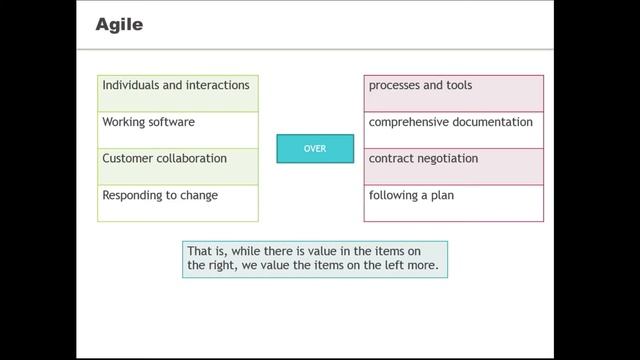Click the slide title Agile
point(119,25)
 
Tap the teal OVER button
point(315,148)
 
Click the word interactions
point(217,86)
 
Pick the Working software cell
point(178,129)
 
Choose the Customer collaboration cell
point(178,166)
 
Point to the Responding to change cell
point(178,203)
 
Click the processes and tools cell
point(454,93)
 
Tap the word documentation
point(495,123)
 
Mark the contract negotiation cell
point(454,166)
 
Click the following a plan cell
point(454,203)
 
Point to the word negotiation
point(444,159)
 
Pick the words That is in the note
point(204,251)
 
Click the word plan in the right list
point(441,196)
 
